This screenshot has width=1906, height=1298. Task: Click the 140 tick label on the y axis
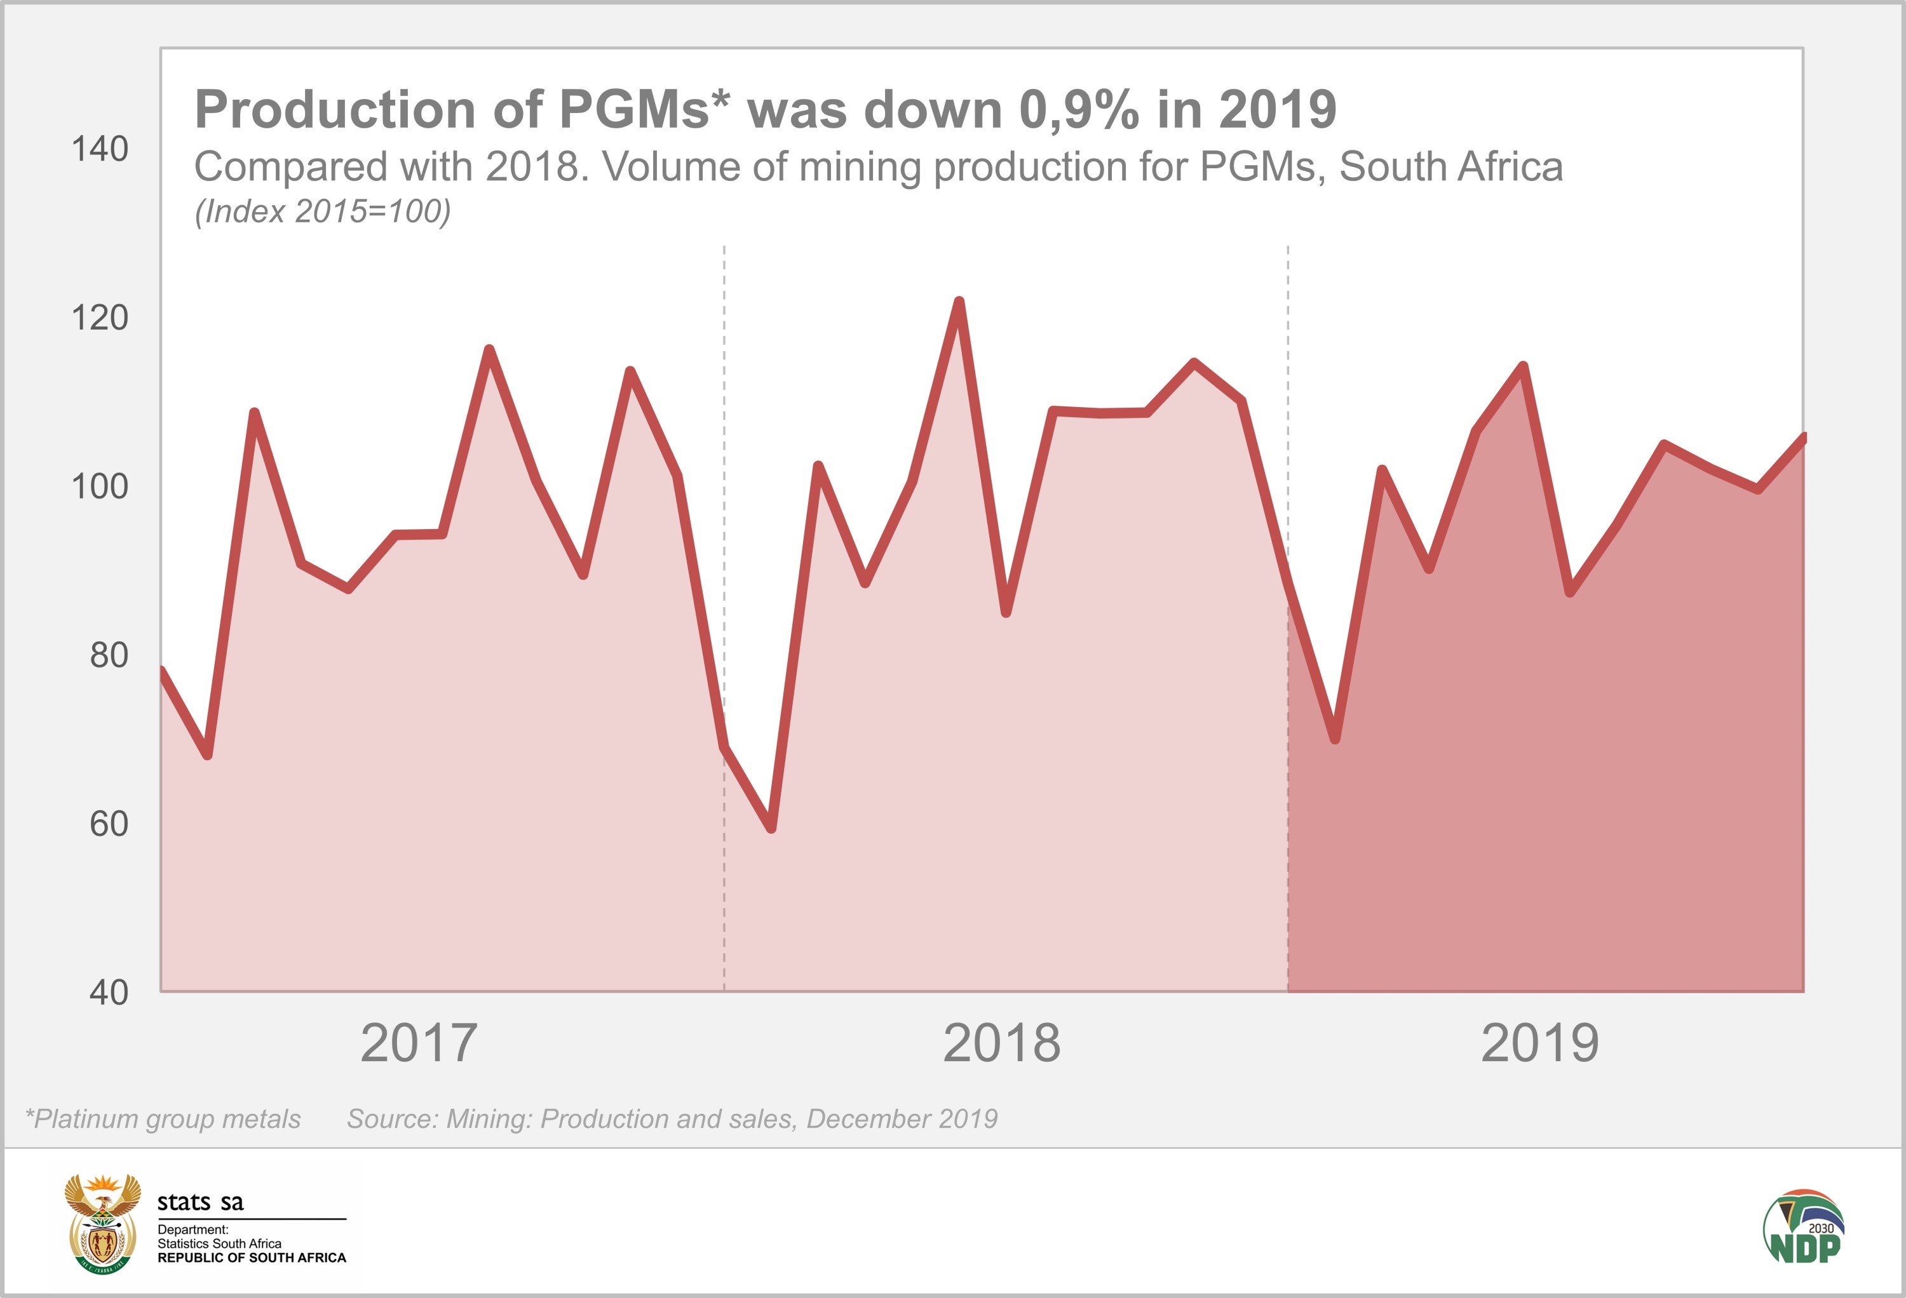pyautogui.click(x=100, y=150)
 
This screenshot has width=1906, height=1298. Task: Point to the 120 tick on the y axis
pyautogui.click(x=100, y=318)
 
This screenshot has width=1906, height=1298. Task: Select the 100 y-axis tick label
pyautogui.click(x=100, y=487)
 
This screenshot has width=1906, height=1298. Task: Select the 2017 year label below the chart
pyautogui.click(x=418, y=1044)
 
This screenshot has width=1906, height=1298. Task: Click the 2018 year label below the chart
pyautogui.click(x=1001, y=1044)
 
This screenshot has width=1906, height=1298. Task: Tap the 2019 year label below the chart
pyautogui.click(x=1539, y=1044)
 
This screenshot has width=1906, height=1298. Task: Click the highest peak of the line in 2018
pyautogui.click(x=959, y=302)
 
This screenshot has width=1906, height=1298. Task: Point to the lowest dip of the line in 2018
pyautogui.click(x=771, y=828)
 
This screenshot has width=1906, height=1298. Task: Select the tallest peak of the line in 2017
pyautogui.click(x=489, y=350)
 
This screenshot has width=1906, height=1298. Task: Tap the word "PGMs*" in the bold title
pyautogui.click(x=644, y=109)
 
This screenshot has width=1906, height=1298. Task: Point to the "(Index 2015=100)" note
pyautogui.click(x=322, y=211)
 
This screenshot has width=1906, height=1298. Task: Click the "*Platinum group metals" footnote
pyautogui.click(x=163, y=1120)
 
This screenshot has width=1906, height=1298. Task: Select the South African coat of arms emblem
pyautogui.click(x=102, y=1222)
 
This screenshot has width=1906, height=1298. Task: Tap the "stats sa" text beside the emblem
pyautogui.click(x=200, y=1203)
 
